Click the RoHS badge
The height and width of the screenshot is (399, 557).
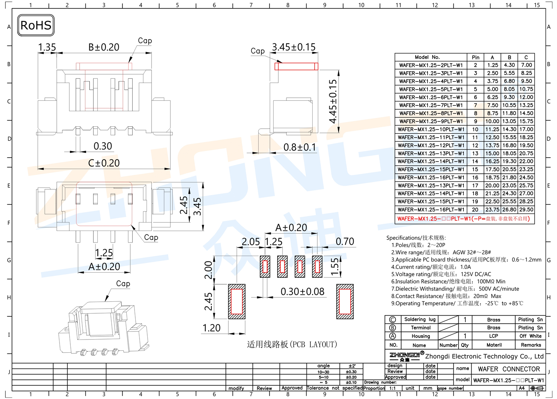tap(36, 25)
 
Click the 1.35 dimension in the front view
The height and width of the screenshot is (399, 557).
tap(47, 47)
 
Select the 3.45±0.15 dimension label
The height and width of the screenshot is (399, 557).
tap(294, 47)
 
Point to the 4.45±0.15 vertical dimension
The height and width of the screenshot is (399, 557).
tap(333, 101)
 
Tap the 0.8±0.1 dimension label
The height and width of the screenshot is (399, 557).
tap(300, 147)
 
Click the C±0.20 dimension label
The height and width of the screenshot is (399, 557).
tap(104, 163)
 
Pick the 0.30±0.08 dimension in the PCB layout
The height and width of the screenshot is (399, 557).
tap(302, 292)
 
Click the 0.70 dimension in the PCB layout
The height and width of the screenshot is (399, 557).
tap(345, 241)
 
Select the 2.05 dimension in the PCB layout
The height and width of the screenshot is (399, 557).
tap(250, 242)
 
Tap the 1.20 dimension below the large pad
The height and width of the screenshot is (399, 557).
tap(211, 328)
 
